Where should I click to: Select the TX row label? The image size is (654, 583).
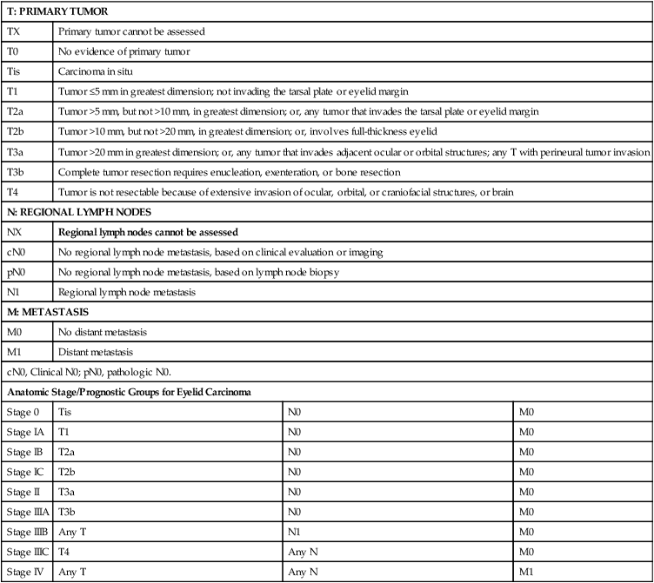[x=13, y=31]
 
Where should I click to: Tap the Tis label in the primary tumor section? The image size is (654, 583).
[x=14, y=71]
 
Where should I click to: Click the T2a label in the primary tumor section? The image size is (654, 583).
[x=15, y=111]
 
